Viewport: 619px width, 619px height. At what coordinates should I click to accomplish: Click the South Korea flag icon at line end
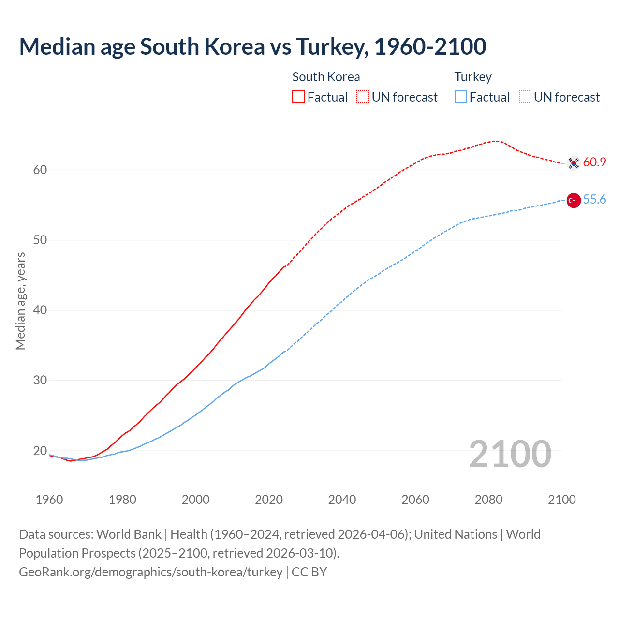click(x=574, y=163)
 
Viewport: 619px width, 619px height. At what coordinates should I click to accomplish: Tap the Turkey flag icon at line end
click(x=574, y=200)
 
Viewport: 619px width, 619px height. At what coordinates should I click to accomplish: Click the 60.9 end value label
click(x=594, y=162)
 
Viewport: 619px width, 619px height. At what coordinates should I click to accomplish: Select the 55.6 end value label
click(x=594, y=200)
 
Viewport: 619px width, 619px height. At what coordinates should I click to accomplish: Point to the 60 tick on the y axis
click(x=40, y=170)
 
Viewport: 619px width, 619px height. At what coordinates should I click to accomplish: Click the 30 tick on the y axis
click(x=40, y=381)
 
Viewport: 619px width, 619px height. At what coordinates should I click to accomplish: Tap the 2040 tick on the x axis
click(x=342, y=500)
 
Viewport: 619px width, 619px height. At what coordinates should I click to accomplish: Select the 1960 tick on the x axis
click(x=49, y=500)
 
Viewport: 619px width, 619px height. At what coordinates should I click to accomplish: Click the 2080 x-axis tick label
click(x=488, y=500)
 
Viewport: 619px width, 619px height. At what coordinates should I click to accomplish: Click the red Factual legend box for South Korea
click(x=298, y=97)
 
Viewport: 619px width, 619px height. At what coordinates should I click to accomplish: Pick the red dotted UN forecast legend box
click(x=363, y=97)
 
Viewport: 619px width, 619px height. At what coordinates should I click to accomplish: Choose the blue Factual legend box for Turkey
click(x=461, y=97)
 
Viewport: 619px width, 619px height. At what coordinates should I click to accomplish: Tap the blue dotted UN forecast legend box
click(x=525, y=97)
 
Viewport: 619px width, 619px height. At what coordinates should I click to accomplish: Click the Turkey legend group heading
click(x=473, y=77)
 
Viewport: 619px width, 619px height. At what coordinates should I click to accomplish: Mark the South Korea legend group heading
click(x=326, y=77)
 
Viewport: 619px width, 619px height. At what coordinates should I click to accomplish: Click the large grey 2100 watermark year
click(x=510, y=454)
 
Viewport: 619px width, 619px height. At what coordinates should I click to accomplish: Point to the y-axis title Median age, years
click(x=21, y=301)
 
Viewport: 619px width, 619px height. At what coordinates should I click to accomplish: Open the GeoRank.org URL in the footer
click(x=151, y=572)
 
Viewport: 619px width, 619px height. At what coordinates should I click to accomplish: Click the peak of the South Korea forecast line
click(x=496, y=141)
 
